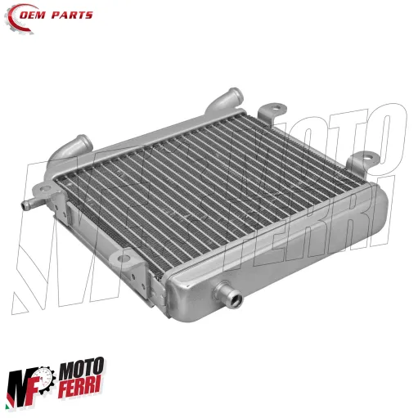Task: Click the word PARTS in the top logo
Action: tap(75, 15)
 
